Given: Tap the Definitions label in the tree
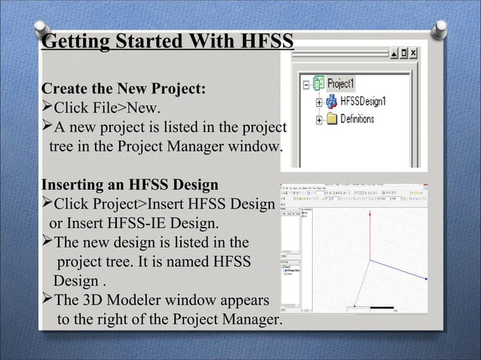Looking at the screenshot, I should [x=363, y=119].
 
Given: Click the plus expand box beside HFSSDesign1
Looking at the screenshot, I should [x=320, y=102].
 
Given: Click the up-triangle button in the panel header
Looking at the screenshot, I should [x=393, y=53].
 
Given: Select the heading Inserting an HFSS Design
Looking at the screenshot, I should [x=130, y=185].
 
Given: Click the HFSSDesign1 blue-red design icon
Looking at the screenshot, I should [x=331, y=101].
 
